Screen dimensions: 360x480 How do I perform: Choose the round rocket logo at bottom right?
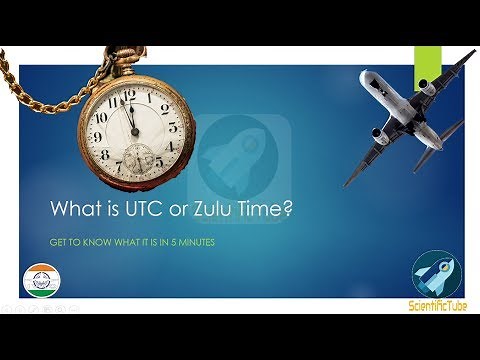[x=435, y=274]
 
